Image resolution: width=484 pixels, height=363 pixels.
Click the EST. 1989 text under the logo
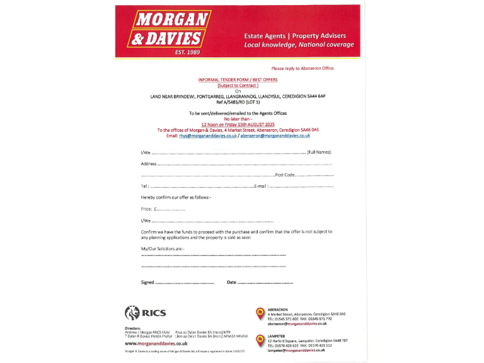click(x=188, y=52)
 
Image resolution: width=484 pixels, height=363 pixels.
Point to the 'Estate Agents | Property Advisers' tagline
click(x=295, y=36)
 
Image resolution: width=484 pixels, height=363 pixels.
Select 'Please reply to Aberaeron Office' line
click(x=303, y=68)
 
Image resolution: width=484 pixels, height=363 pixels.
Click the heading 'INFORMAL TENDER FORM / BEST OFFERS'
click(x=238, y=80)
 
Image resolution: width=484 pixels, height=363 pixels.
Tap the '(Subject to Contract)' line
click(x=238, y=85)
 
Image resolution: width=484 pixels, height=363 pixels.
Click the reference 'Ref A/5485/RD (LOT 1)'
click(x=238, y=101)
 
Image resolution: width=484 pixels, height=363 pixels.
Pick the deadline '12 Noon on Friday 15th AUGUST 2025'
click(x=238, y=125)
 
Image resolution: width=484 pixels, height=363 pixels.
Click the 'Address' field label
click(x=148, y=164)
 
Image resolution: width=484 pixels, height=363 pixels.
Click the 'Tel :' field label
click(x=145, y=186)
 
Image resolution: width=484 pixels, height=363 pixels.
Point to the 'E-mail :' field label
click(x=261, y=186)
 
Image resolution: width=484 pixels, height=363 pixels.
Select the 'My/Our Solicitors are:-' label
click(x=163, y=250)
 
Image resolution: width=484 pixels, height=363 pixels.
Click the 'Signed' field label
click(x=147, y=282)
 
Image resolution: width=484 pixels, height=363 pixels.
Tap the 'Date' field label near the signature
click(x=231, y=282)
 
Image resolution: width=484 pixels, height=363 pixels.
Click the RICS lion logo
click(x=132, y=312)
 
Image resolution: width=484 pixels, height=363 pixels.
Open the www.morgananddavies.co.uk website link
click(x=156, y=343)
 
